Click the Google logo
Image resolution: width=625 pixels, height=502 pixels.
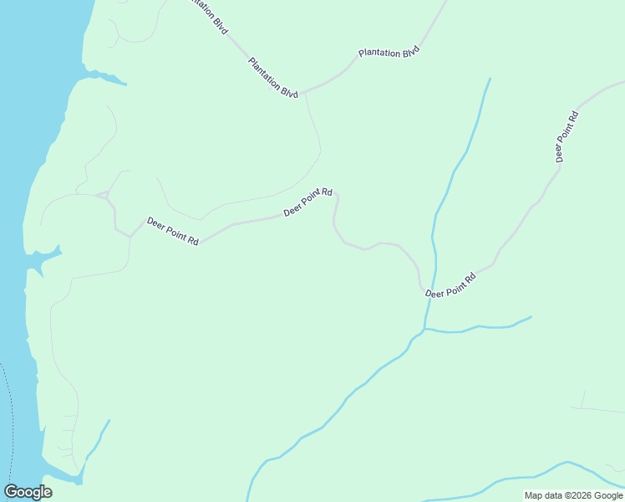(x=28, y=492)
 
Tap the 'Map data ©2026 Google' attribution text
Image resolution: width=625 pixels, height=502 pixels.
(x=573, y=495)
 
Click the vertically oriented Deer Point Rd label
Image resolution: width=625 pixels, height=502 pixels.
(x=567, y=136)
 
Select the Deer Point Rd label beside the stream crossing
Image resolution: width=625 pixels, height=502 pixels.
(x=450, y=285)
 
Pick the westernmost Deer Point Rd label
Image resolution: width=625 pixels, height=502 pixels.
(x=172, y=231)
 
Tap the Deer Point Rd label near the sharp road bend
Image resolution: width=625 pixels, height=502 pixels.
(x=307, y=202)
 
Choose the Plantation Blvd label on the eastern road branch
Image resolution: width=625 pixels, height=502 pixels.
(x=388, y=53)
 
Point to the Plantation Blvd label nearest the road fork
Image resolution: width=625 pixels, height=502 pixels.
(x=273, y=78)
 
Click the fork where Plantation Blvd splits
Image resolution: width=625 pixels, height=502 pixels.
(x=304, y=91)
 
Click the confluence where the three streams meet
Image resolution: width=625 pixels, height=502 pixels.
(x=424, y=329)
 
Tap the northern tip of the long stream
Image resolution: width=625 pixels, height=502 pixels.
(x=490, y=79)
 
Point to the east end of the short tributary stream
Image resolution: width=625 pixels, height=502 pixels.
(x=531, y=316)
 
